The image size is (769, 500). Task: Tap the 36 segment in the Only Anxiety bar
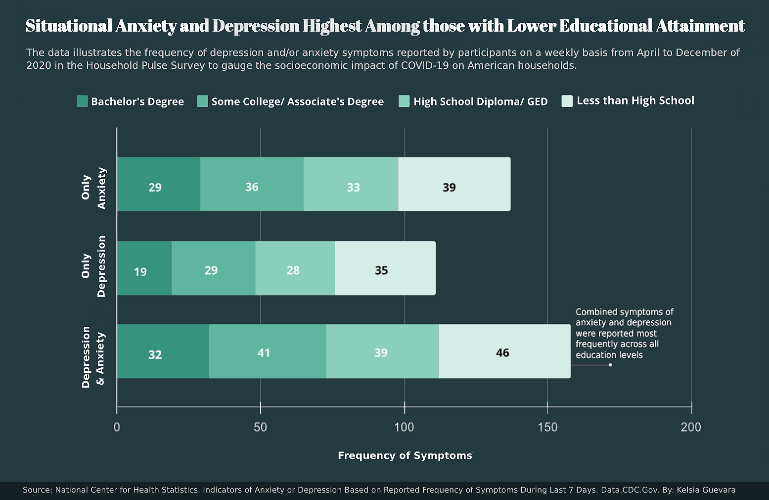coord(252,184)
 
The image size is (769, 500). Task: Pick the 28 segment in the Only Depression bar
coord(295,268)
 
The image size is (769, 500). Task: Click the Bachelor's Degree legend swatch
coord(82,101)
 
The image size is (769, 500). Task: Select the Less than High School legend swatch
coord(567,101)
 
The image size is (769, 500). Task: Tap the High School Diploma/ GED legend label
coord(480,101)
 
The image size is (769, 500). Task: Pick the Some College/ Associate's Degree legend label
coord(297,101)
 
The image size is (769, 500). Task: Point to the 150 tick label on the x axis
coord(547,427)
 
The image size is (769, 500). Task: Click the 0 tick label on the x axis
coord(117,427)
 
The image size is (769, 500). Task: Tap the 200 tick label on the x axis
coord(691,427)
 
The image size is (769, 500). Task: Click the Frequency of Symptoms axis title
coord(405,455)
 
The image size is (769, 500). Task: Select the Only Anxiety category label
coord(93,188)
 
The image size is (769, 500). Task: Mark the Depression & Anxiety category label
coord(93,356)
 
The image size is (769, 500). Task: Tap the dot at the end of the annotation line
coord(610,365)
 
